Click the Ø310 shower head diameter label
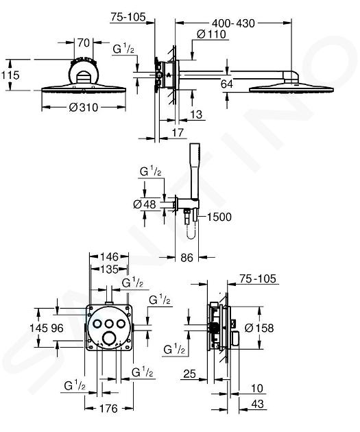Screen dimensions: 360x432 point(84,107)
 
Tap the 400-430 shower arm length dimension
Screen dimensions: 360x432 point(233,23)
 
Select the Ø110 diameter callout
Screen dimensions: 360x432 point(211,34)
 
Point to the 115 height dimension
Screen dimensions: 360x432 point(10,75)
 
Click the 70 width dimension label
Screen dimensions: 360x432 point(84,43)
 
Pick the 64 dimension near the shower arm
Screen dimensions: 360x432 point(227,84)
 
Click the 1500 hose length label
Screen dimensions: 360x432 point(219,217)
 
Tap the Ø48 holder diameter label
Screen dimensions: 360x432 point(145,204)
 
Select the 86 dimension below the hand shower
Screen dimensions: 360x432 point(187,258)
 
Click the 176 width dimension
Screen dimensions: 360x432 point(108,408)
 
